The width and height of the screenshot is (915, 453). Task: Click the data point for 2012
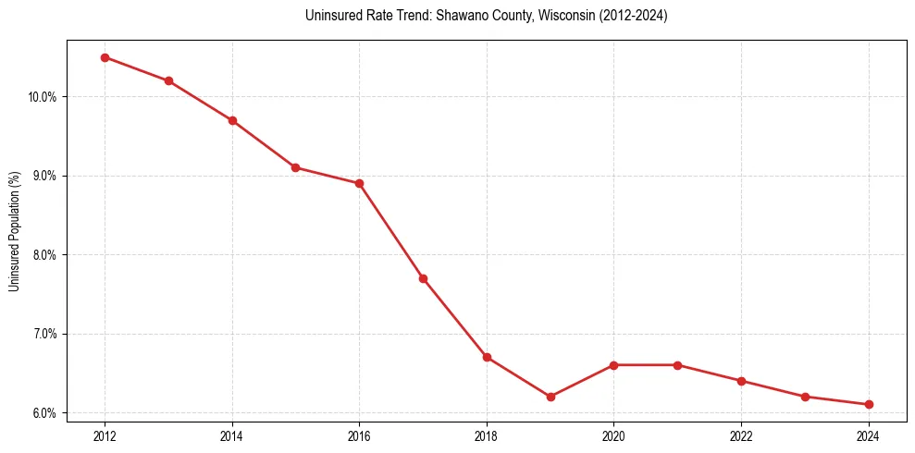[x=105, y=57]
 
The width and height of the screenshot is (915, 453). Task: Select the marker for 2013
[x=168, y=80]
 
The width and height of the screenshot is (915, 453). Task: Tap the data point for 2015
[x=295, y=167]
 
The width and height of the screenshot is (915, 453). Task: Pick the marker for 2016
[x=359, y=183]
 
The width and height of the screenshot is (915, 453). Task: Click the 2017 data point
[x=423, y=278]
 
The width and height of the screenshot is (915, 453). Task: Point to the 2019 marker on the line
[x=550, y=397]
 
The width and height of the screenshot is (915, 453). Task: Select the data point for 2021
[x=677, y=365]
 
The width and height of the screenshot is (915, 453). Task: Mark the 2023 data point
[x=805, y=397]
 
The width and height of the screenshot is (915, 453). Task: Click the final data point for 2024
[x=869, y=404]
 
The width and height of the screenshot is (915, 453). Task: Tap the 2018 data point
[x=487, y=357]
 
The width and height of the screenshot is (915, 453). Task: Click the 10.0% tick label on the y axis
[x=43, y=97]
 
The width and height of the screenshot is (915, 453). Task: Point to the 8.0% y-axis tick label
[x=45, y=255]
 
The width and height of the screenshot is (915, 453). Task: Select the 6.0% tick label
[x=45, y=413]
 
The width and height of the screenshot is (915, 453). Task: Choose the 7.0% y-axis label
[x=45, y=334]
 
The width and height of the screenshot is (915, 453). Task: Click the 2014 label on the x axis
[x=232, y=435]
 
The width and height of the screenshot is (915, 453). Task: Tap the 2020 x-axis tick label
[x=613, y=435]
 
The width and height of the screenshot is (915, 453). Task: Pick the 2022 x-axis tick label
[x=741, y=435]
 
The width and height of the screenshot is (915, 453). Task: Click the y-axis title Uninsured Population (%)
[x=14, y=231]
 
